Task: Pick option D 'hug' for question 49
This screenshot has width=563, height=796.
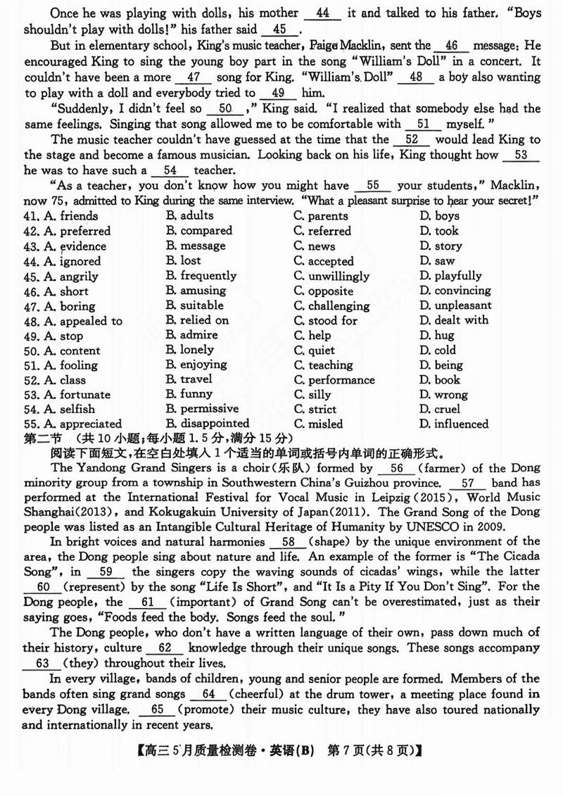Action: click(436, 336)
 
